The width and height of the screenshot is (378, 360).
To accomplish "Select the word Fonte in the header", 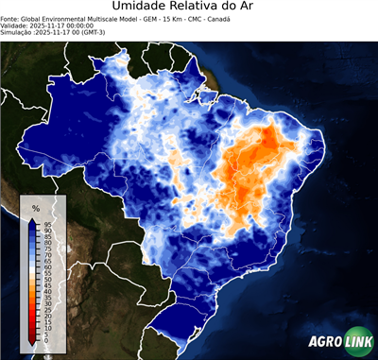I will (11, 18).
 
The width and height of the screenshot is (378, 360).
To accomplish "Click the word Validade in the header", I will (16, 25).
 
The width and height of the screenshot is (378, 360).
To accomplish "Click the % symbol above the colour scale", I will (36, 207).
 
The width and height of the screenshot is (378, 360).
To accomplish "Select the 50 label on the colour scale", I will (46, 280).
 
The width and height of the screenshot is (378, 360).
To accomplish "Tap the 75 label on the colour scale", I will (46, 249).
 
